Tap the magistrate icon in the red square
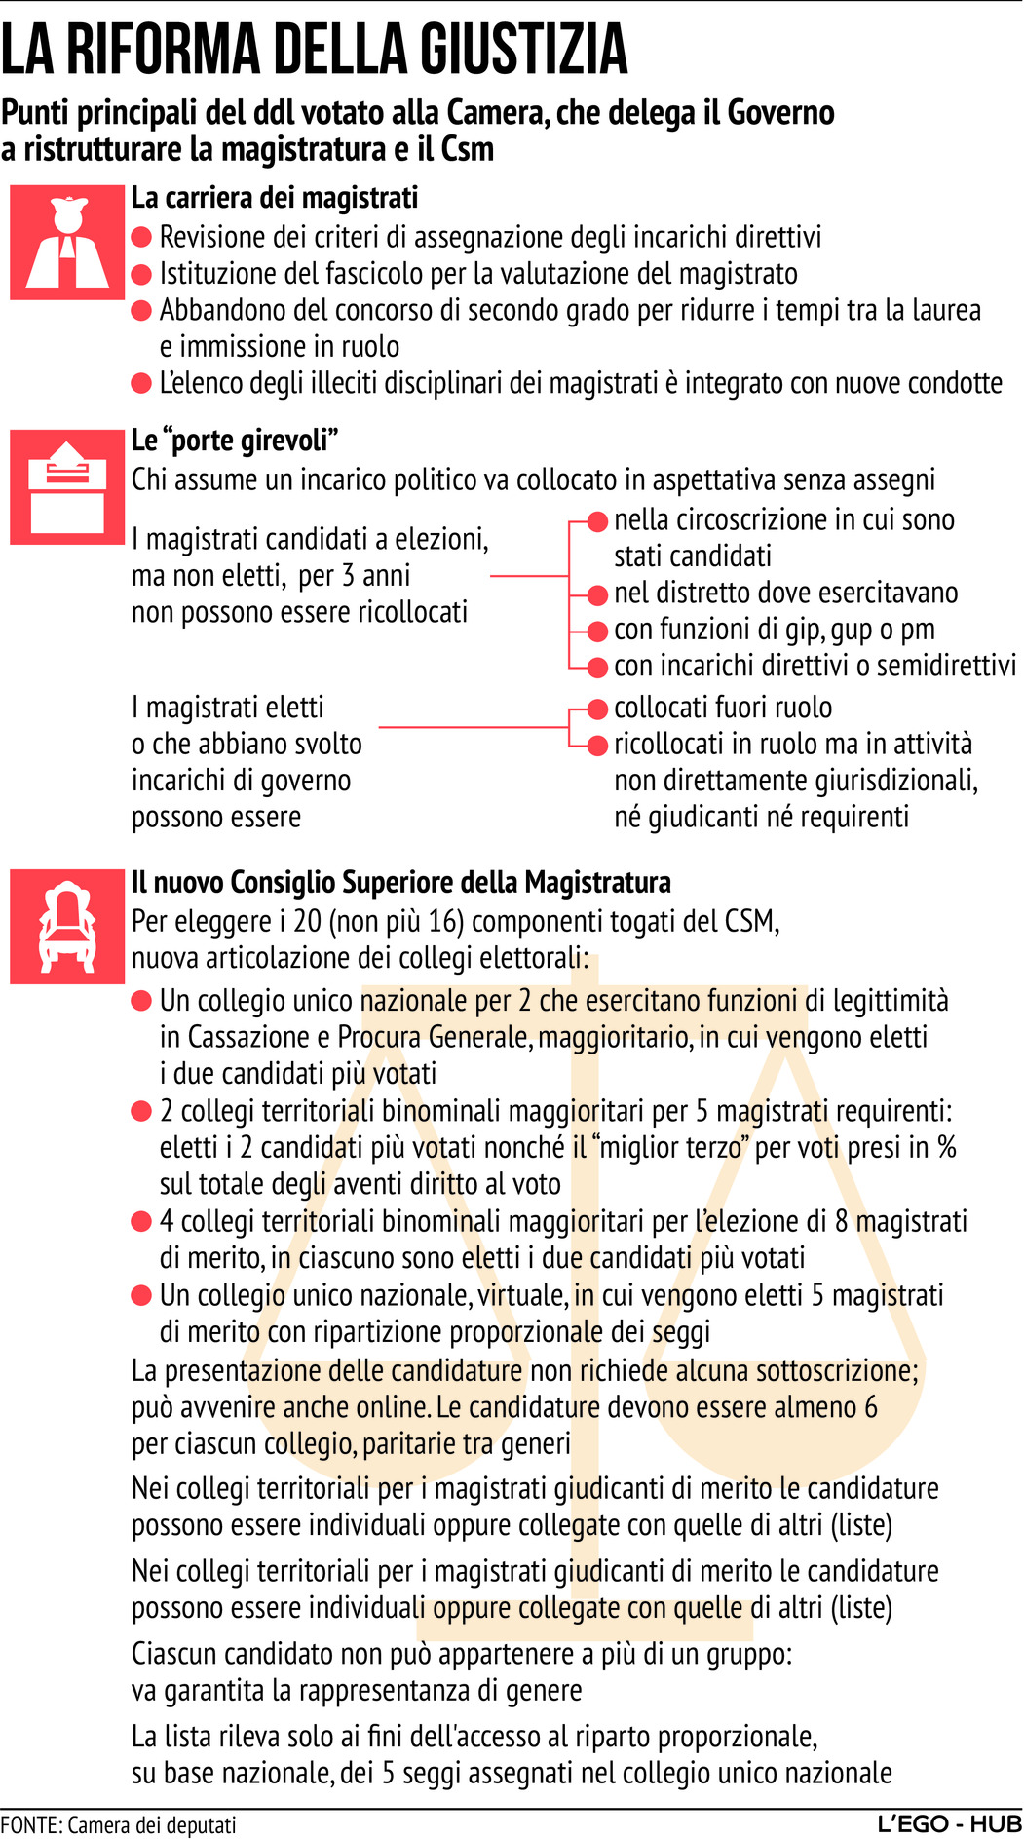pyautogui.click(x=67, y=242)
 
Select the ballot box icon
pyautogui.click(x=67, y=486)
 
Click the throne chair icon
pyautogui.click(x=67, y=926)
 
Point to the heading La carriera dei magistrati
pyautogui.click(x=275, y=198)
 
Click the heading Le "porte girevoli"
pyautogui.click(x=235, y=441)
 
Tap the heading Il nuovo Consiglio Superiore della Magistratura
pyautogui.click(x=401, y=882)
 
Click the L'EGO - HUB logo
pyautogui.click(x=949, y=1823)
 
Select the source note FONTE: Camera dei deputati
pyautogui.click(x=118, y=1824)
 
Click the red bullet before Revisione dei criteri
pyautogui.click(x=142, y=237)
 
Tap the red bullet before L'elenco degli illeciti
pyautogui.click(x=142, y=383)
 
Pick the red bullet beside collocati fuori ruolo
pyautogui.click(x=598, y=709)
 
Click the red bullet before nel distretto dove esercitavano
pyautogui.click(x=598, y=594)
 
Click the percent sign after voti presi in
pyautogui.click(x=946, y=1147)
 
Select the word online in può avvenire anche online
pyautogui.click(x=394, y=1407)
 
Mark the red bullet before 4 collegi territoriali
pyautogui.click(x=142, y=1221)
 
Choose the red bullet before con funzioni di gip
pyautogui.click(x=598, y=631)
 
